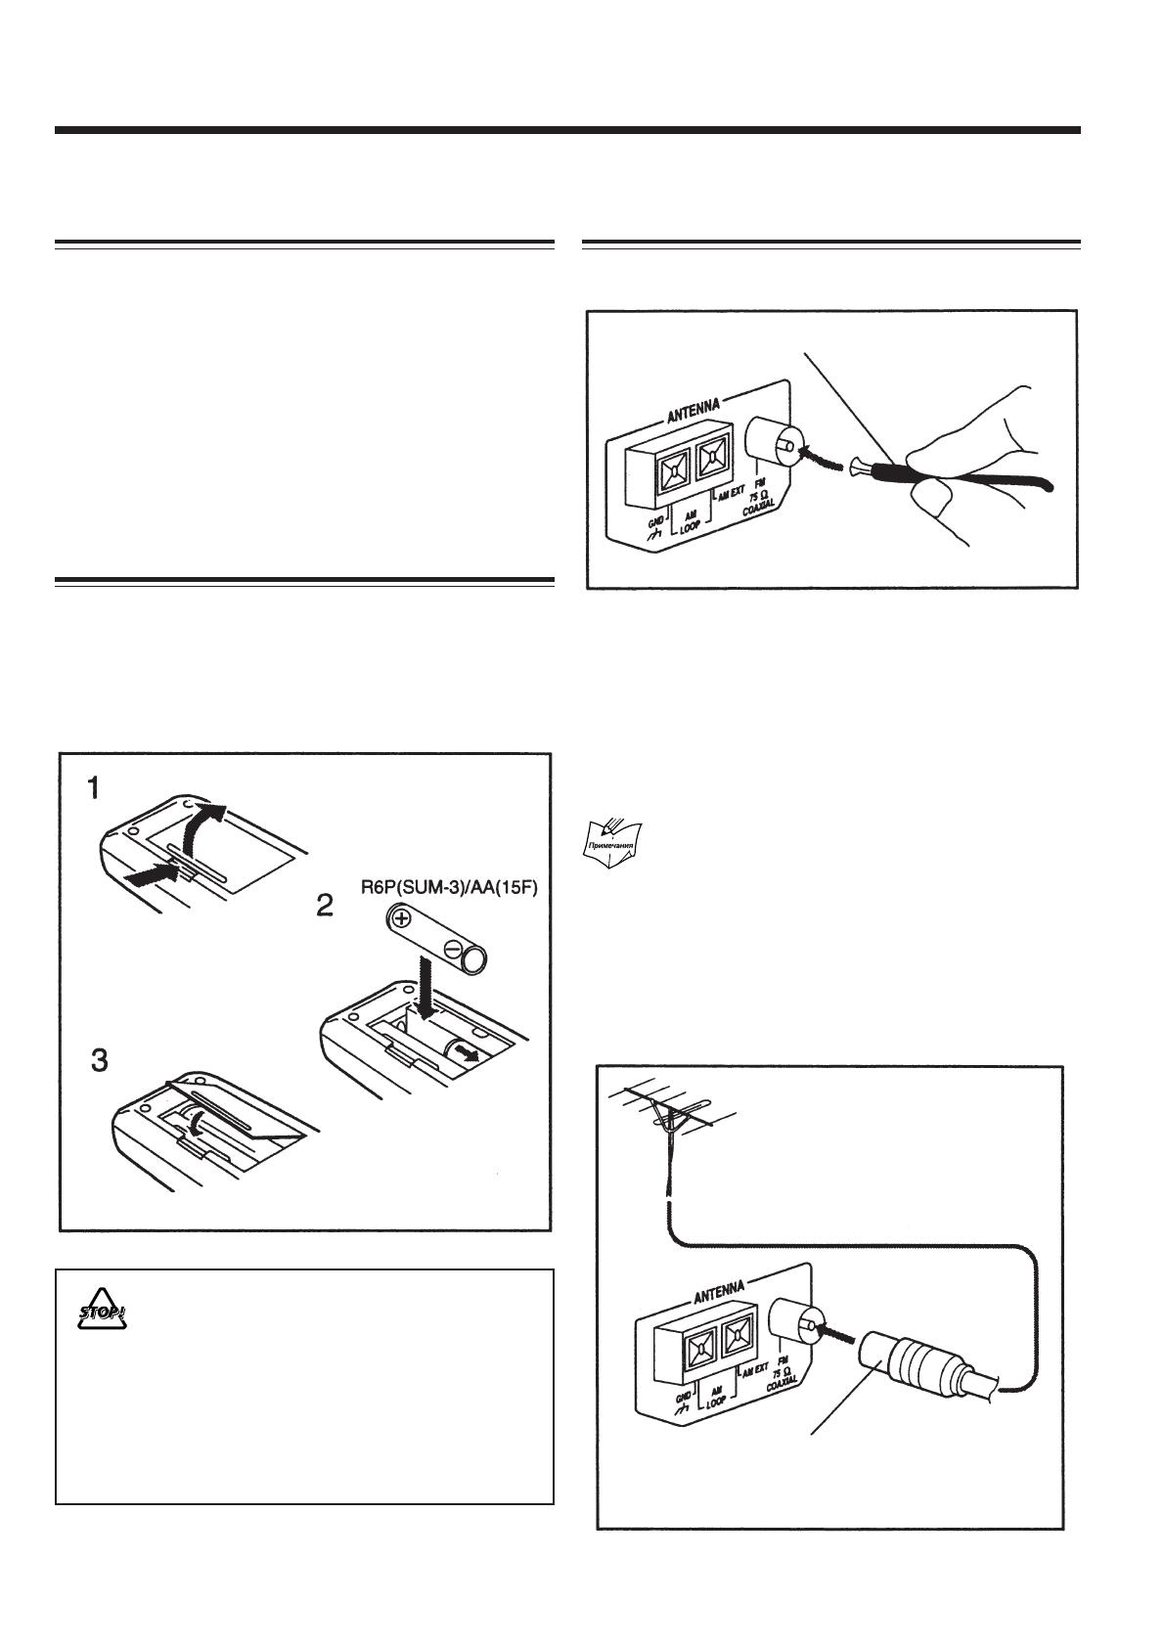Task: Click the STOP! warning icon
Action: click(x=103, y=1313)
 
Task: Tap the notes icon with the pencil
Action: click(x=611, y=843)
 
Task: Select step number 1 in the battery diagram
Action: click(x=94, y=788)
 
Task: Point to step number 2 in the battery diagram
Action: click(x=324, y=906)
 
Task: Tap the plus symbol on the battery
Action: click(x=402, y=918)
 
